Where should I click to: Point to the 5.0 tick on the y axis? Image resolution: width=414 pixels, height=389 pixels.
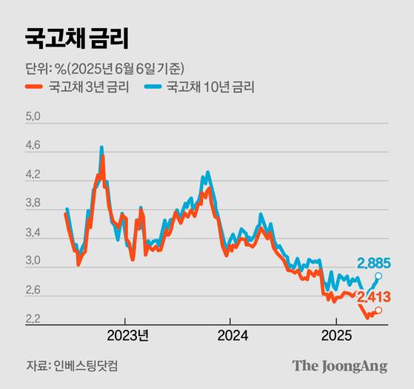[33, 117]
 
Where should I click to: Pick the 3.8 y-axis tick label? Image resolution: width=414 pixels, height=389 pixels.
[33, 203]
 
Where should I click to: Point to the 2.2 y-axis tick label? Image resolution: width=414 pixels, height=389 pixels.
[33, 320]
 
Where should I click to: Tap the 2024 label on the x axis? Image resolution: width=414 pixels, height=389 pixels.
[229, 335]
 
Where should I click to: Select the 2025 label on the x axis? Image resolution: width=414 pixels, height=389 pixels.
[335, 335]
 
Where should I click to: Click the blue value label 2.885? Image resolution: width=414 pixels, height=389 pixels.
[374, 263]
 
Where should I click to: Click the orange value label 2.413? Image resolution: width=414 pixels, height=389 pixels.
[374, 297]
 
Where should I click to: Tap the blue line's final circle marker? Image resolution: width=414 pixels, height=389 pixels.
[378, 276]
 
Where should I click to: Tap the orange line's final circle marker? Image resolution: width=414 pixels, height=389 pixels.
[378, 310]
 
